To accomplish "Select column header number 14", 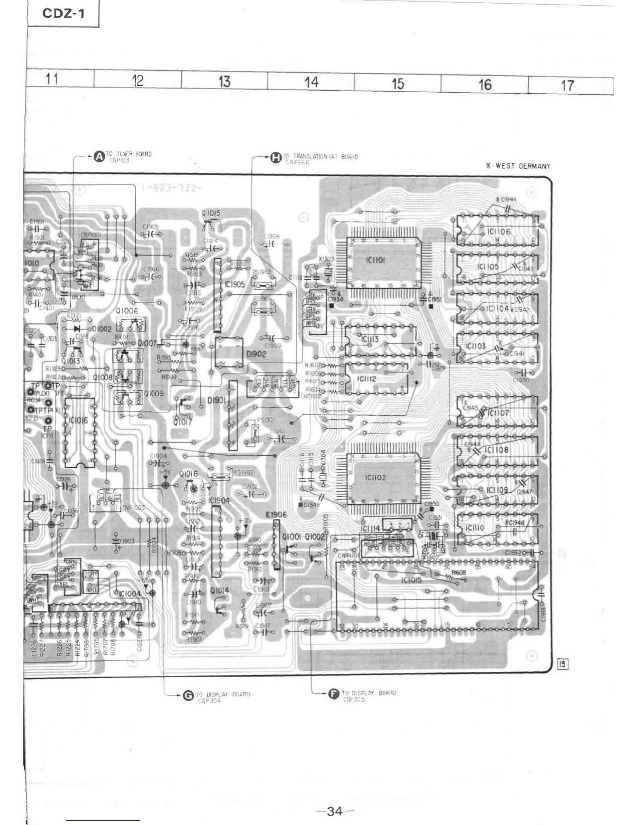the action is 311,82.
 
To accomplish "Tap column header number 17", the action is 567,85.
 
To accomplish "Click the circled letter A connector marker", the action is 99,156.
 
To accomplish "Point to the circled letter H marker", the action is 275,157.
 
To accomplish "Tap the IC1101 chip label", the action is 375,259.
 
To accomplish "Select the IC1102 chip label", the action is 375,477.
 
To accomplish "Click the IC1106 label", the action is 499,231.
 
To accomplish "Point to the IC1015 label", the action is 411,580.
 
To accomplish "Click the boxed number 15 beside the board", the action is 562,664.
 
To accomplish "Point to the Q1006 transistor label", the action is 128,310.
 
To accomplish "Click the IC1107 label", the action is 498,413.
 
